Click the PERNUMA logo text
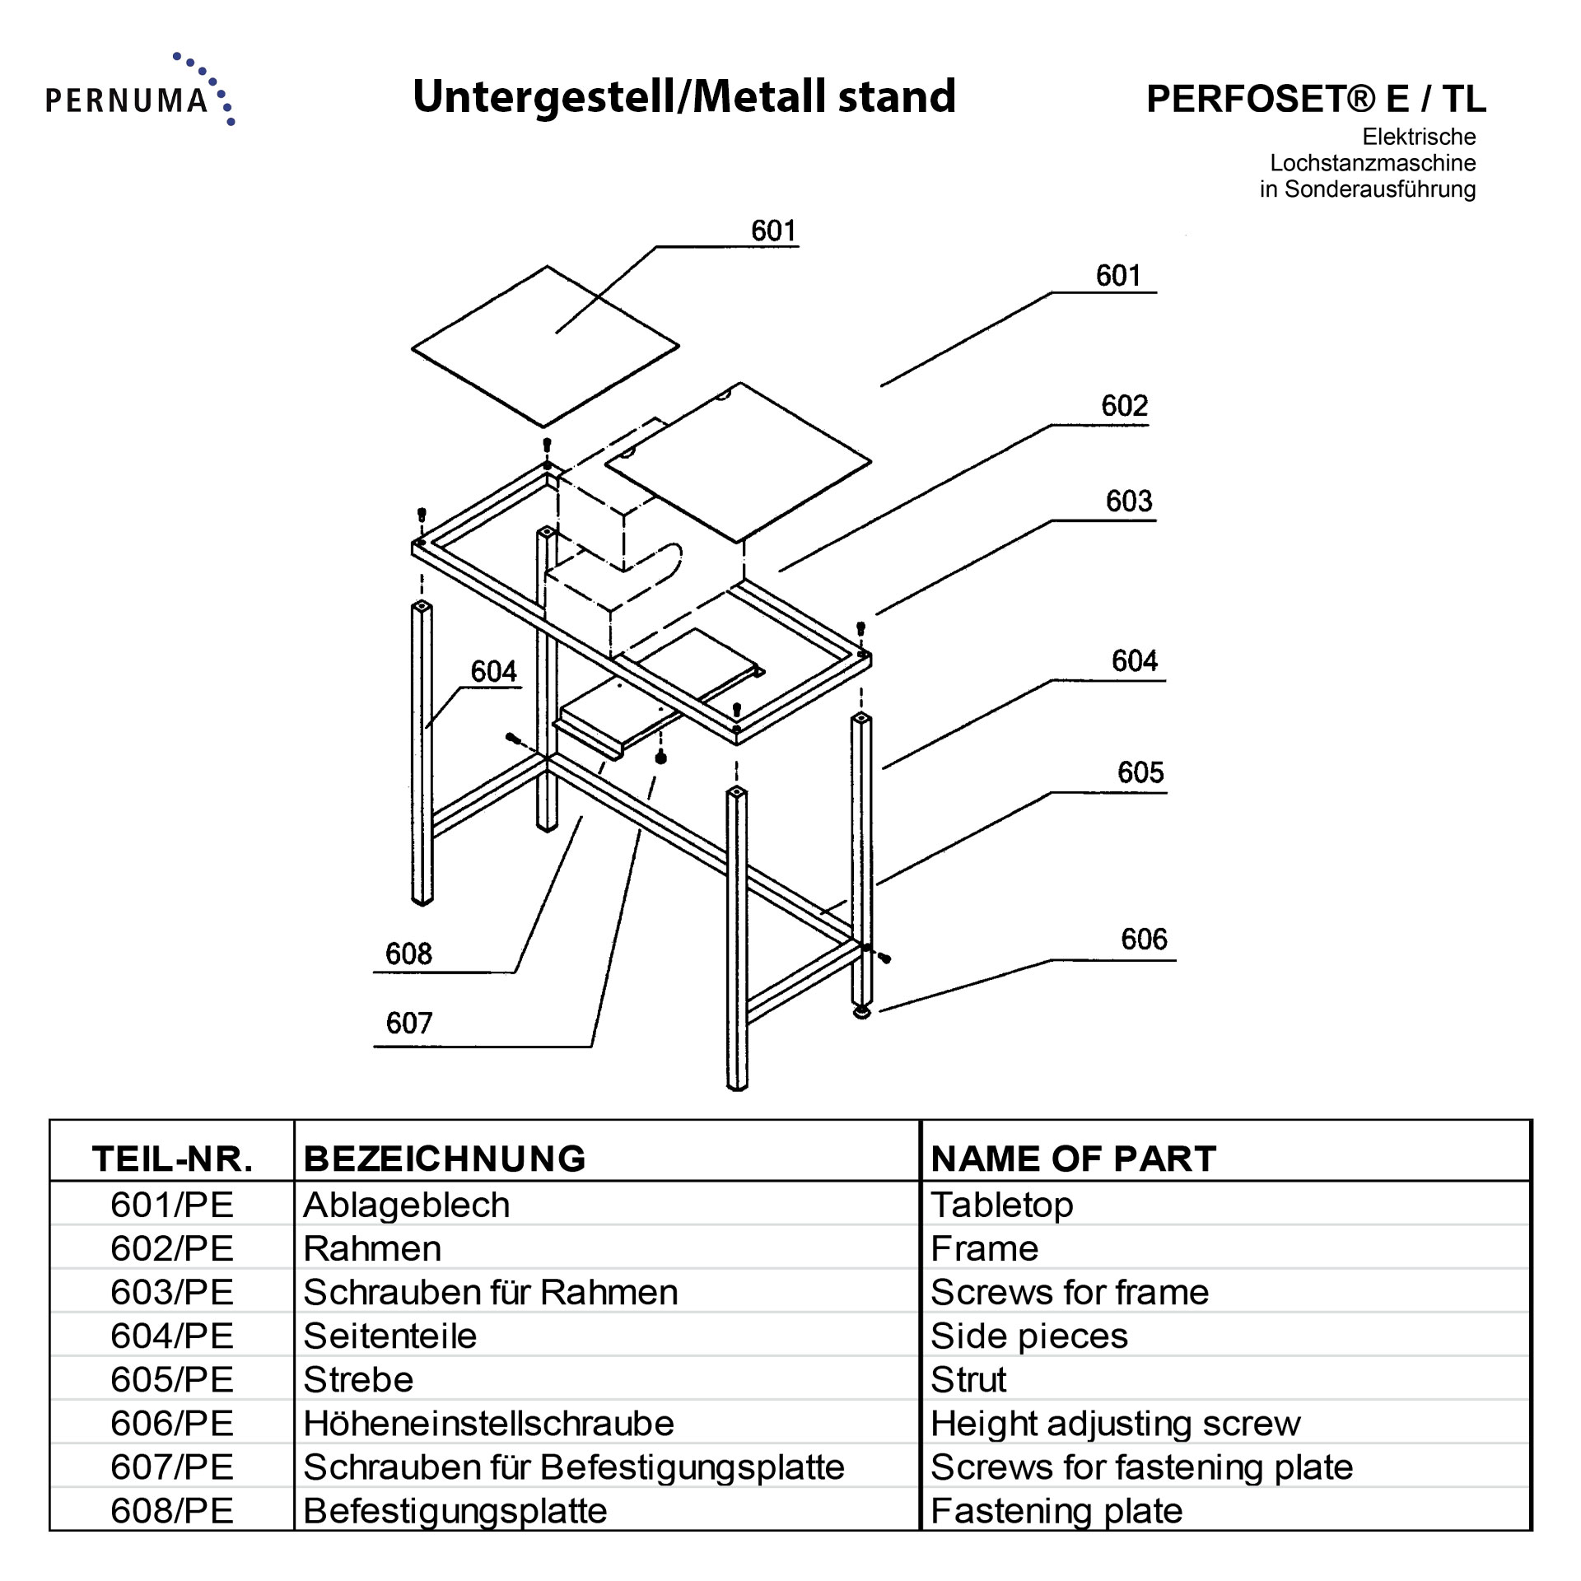click(x=127, y=100)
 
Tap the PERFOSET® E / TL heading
click(x=1315, y=99)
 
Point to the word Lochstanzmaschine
click(x=1372, y=162)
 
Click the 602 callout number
click(x=1124, y=406)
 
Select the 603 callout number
click(x=1128, y=501)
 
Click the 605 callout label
click(x=1140, y=772)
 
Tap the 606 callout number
click(x=1143, y=940)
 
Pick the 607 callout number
click(x=408, y=1024)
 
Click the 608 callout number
click(x=408, y=954)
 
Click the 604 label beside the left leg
click(x=493, y=672)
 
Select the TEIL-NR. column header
click(x=172, y=1159)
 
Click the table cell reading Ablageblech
click(x=407, y=1205)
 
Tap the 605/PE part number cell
click(x=172, y=1379)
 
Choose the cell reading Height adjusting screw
click(x=1115, y=1423)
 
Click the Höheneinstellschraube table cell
click(x=488, y=1423)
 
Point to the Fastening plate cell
click(x=1056, y=1510)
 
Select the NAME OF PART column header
click(x=1073, y=1159)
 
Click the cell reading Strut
click(x=968, y=1379)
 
